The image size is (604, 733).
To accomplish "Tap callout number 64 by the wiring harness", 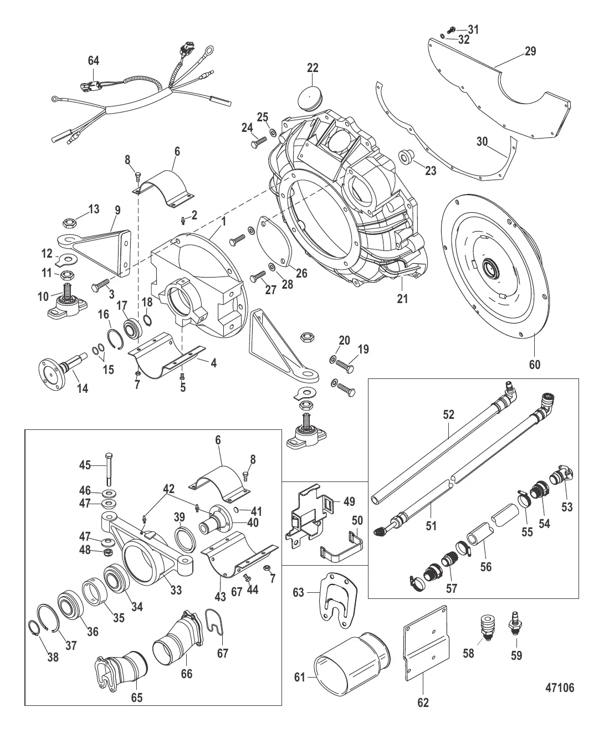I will click(x=95, y=60).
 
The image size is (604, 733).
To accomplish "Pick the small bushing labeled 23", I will click(x=406, y=158).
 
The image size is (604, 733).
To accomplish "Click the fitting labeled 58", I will click(x=487, y=626).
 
